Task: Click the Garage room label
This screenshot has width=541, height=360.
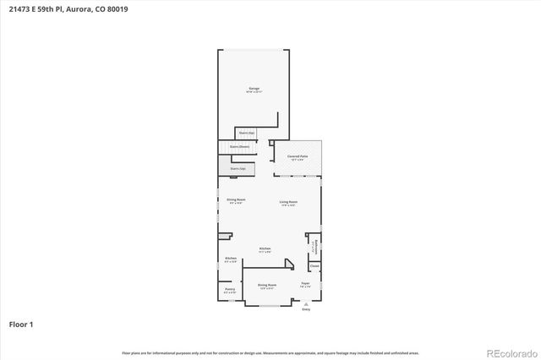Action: coord(254,89)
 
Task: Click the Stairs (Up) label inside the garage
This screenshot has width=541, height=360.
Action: coord(246,133)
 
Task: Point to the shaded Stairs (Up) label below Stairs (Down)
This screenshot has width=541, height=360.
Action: coord(238,168)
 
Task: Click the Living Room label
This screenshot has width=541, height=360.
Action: coord(289,202)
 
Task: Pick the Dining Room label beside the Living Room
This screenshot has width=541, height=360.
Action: coord(235,200)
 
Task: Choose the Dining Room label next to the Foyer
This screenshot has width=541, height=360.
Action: coord(267,286)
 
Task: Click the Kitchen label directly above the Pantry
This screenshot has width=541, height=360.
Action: coord(230,259)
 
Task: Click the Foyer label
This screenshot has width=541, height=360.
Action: coord(305,285)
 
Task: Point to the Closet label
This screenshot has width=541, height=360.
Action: coord(314,266)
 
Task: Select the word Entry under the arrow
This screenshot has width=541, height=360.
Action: coord(306,310)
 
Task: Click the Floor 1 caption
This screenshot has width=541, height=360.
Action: coord(21,324)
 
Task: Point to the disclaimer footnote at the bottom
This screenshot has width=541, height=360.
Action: coord(270,352)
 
